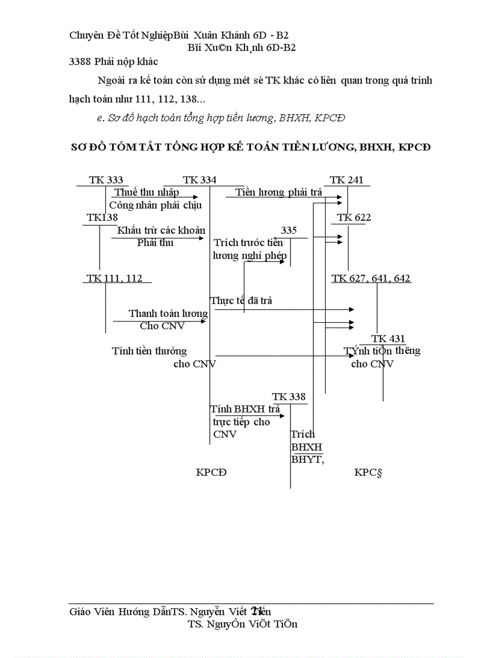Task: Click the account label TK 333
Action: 105,180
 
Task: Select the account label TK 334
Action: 199,180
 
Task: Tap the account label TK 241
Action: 346,180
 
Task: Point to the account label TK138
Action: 102,218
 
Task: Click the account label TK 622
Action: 354,218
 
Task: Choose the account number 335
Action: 289,230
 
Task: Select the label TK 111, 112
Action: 114,278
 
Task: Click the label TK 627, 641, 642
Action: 371,278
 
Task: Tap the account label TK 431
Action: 388,339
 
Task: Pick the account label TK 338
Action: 289,397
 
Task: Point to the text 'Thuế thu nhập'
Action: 146,192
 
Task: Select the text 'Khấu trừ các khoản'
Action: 161,230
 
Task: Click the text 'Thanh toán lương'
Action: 168,313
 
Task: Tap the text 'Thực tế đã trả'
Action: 241,301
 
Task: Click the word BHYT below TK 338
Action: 307,459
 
